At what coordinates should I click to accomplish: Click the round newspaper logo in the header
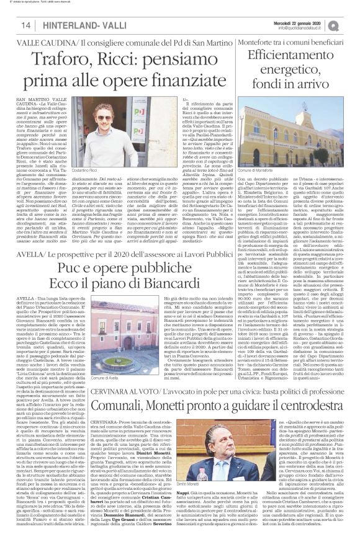click(x=352, y=24)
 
